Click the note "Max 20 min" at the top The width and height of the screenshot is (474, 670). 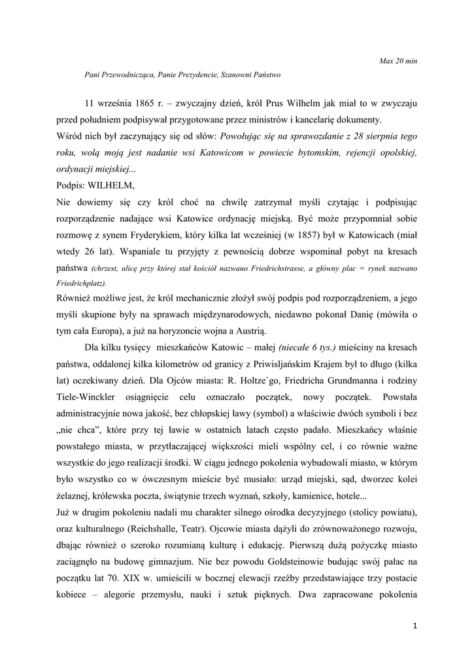coord(398,61)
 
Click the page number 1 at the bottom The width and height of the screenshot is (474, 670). coord(415,626)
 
